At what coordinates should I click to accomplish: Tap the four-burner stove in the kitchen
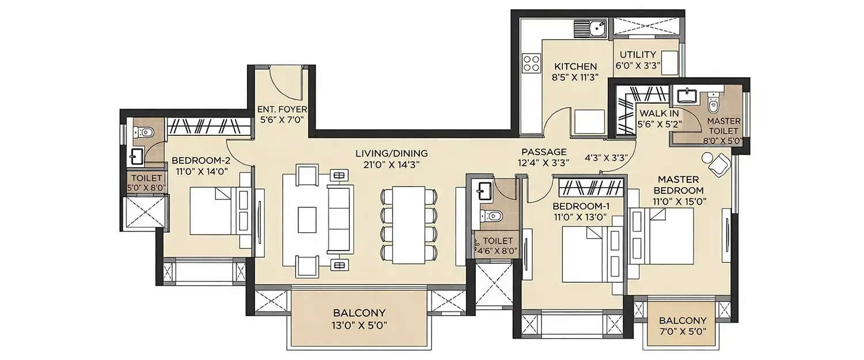[530, 63]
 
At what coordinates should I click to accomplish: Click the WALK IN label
[658, 113]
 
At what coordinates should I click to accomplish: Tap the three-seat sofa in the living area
[339, 219]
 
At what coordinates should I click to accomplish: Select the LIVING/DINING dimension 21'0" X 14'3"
[391, 164]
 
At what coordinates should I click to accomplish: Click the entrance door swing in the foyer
[283, 84]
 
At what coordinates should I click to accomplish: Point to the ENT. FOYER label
[282, 109]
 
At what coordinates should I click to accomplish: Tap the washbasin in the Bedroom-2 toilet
[137, 156]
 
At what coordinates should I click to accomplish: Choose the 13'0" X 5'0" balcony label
[359, 324]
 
